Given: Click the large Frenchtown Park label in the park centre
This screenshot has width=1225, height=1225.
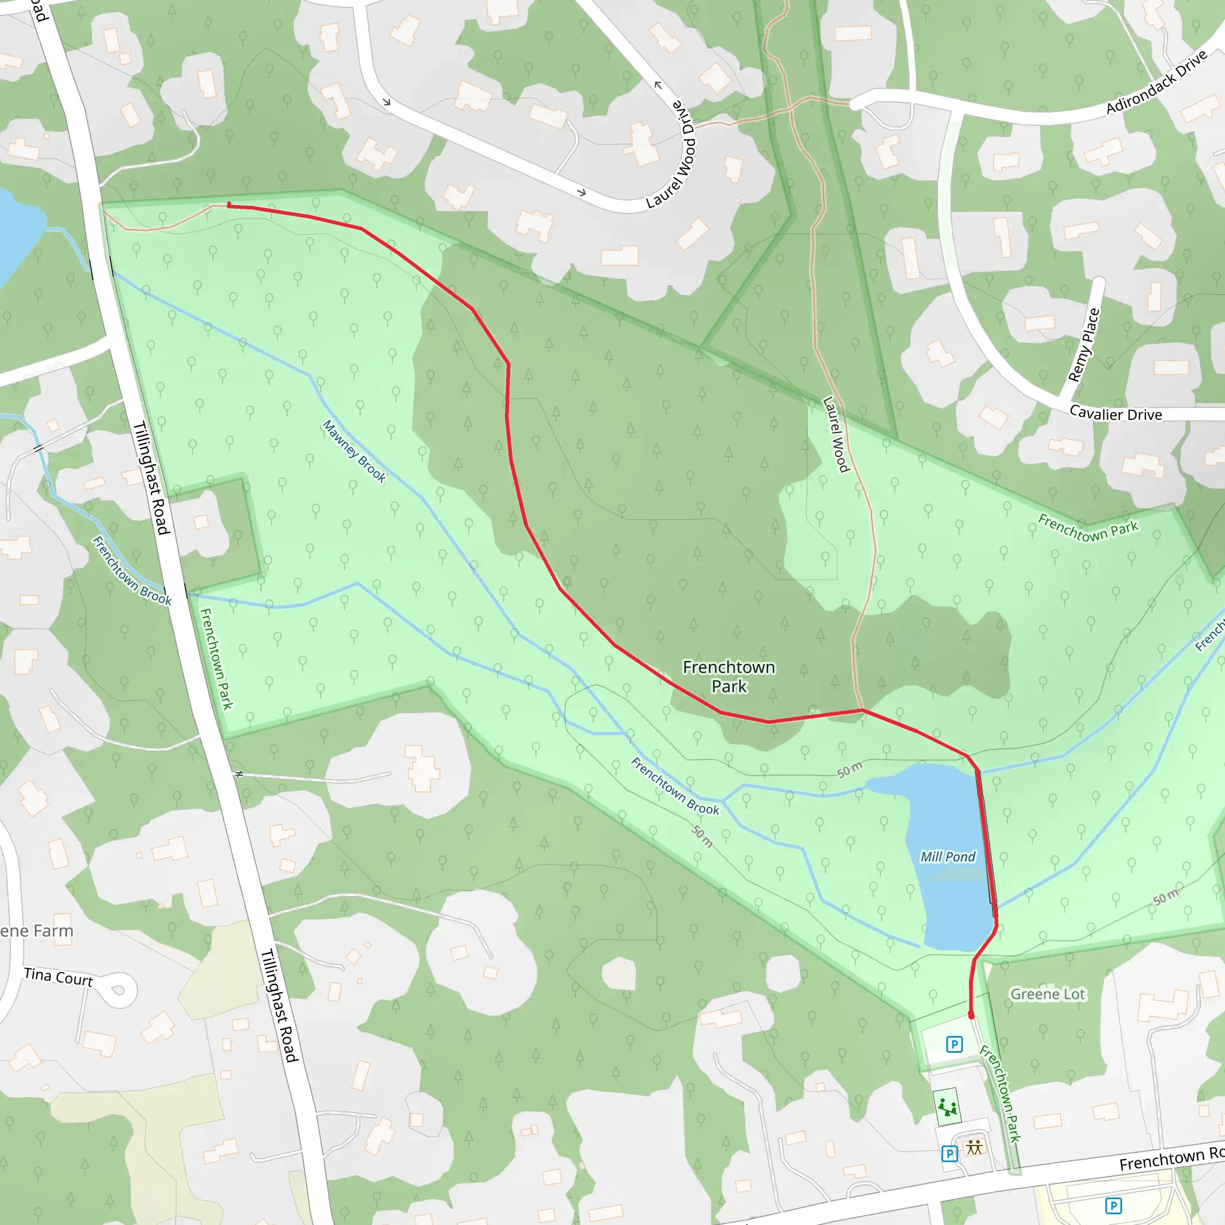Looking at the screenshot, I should [x=729, y=677].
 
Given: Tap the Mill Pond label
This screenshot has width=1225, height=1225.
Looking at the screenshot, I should [x=947, y=857].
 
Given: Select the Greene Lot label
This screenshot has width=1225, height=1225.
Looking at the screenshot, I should [x=1047, y=994].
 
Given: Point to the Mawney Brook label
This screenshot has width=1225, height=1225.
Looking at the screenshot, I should [x=354, y=452].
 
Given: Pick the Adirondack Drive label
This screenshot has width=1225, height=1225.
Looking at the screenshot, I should [x=1157, y=83].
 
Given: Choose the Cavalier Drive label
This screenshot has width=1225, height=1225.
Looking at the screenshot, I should [x=1116, y=413].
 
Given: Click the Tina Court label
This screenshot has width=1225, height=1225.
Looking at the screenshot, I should [x=59, y=977].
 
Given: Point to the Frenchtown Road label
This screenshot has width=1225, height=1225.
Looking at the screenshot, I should [x=1171, y=1159].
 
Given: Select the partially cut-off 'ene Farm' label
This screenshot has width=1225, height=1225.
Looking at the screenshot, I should [x=36, y=931].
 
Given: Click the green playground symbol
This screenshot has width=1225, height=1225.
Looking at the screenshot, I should [x=947, y=1107].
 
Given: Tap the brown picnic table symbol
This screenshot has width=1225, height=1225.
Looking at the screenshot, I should [x=974, y=1147].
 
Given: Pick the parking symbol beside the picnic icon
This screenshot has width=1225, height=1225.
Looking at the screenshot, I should [x=949, y=1153].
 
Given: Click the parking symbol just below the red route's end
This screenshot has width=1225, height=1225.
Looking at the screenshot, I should [x=954, y=1044].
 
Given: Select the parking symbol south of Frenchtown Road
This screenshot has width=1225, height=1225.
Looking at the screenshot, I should [x=1113, y=1205].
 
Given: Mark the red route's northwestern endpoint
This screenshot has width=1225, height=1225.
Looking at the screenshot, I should [x=230, y=205].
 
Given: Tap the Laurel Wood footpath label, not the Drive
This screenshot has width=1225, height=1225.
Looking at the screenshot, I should [x=835, y=434].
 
